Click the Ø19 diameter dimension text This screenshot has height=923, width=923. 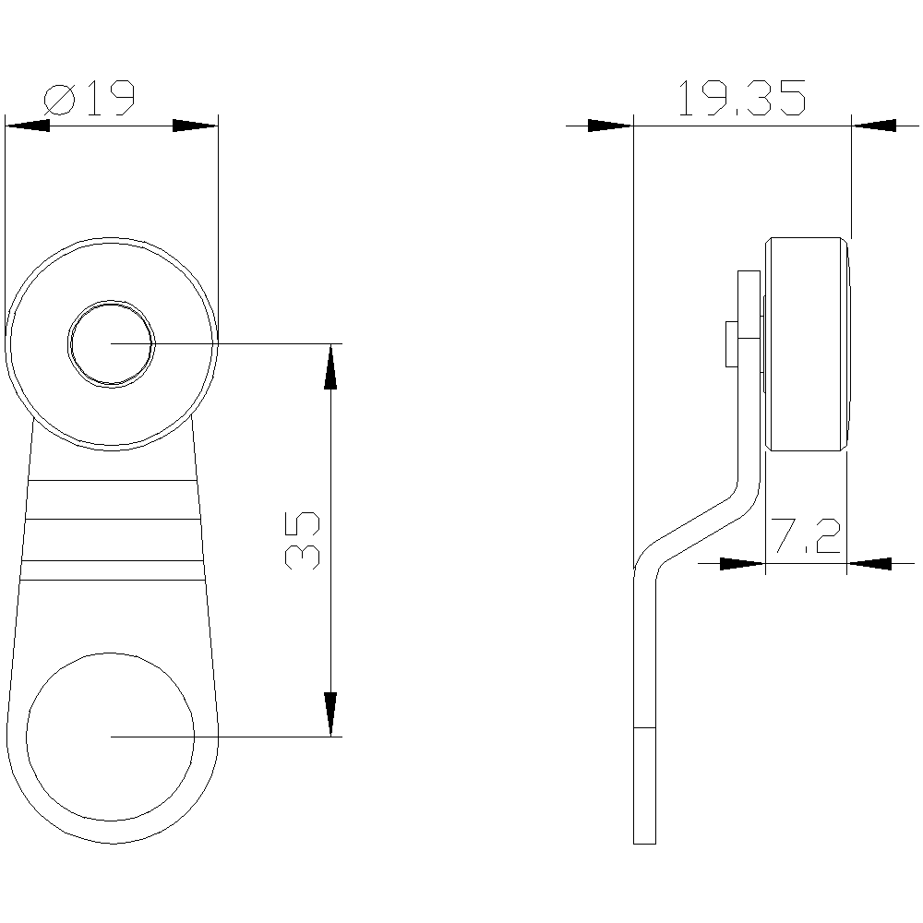click(90, 98)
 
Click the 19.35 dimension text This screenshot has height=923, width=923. click(741, 98)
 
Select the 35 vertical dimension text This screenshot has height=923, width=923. click(304, 540)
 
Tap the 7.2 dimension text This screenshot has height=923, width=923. click(805, 537)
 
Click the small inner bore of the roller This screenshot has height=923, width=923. click(112, 342)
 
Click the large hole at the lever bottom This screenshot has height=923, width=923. click(111, 736)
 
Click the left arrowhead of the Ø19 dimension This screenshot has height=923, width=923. click(28, 125)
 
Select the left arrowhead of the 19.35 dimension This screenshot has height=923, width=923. click(610, 125)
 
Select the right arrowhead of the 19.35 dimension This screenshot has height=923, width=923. click(872, 125)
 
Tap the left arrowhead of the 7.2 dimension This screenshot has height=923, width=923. click(742, 561)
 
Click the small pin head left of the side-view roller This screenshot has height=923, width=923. click(731, 342)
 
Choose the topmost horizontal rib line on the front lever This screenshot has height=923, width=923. click(112, 481)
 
